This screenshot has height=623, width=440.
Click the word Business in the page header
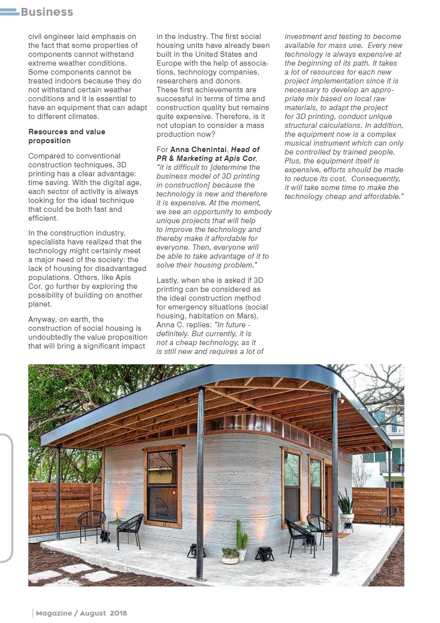point(47,12)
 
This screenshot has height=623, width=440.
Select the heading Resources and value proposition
point(67,136)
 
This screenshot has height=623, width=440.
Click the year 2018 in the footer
point(118,613)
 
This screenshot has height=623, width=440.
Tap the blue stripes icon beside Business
point(9,12)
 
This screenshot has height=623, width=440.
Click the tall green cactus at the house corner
point(241,536)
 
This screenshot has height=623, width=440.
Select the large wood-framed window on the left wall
point(163,486)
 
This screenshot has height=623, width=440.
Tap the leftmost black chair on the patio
point(91,523)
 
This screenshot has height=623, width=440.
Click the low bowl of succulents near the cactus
point(230,555)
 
